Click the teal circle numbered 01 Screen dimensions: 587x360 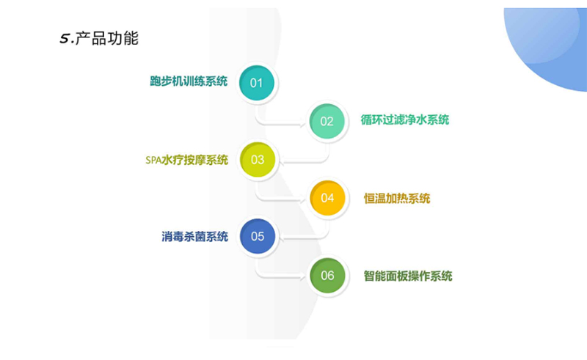[x=256, y=83]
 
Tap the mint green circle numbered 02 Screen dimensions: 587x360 [x=327, y=121]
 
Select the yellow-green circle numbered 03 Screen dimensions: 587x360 [x=258, y=160]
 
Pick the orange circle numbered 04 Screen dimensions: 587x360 [x=327, y=198]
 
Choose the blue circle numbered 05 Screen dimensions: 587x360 [x=258, y=236]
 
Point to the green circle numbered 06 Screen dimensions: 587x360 [x=327, y=276]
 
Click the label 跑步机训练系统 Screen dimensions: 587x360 [x=189, y=81]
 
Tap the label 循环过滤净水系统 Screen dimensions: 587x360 [x=405, y=120]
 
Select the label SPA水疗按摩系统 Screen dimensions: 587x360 [x=186, y=160]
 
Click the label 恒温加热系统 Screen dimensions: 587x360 [x=397, y=199]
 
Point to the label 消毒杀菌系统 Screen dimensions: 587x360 [x=194, y=237]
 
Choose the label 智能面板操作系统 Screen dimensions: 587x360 [x=408, y=276]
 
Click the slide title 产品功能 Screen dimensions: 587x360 [x=107, y=38]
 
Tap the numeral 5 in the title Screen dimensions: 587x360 [x=65, y=39]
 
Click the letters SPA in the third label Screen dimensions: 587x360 [x=153, y=160]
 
